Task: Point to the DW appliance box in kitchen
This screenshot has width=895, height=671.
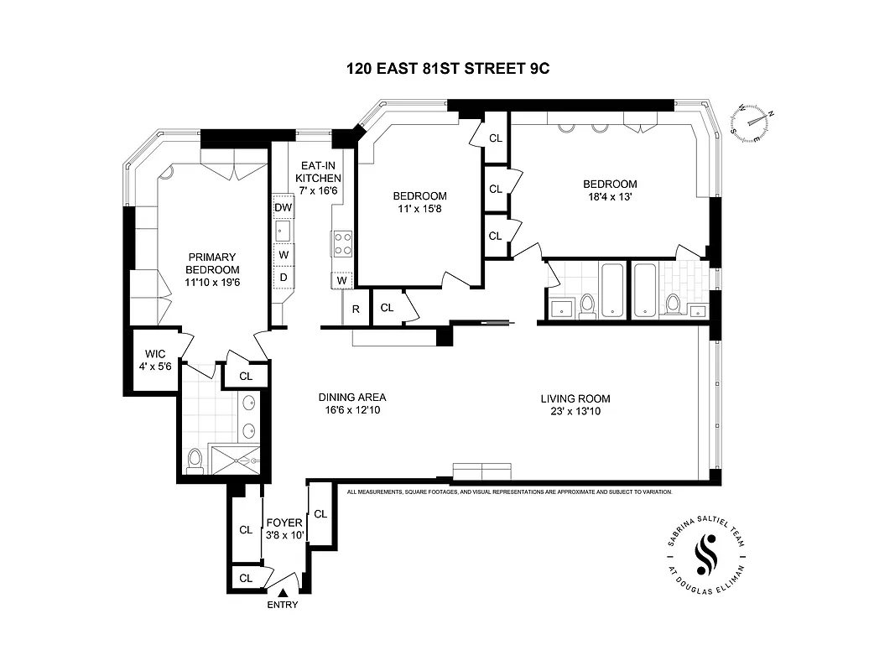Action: coord(283,207)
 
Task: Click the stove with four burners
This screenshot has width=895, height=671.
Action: coord(343,244)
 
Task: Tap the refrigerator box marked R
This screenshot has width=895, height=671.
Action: coord(356,309)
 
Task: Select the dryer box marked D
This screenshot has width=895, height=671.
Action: coord(283,277)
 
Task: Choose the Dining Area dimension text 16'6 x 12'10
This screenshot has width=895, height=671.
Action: coord(351,410)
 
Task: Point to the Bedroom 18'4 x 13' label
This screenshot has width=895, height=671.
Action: coord(610,190)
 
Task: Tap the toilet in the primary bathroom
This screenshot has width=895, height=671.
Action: coord(195,459)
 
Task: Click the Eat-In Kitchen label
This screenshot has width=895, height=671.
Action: coord(318,179)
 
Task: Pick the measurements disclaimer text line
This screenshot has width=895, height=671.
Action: coord(521,492)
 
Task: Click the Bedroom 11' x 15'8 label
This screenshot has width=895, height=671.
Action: coord(419,202)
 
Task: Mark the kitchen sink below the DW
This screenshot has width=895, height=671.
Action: coord(283,230)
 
